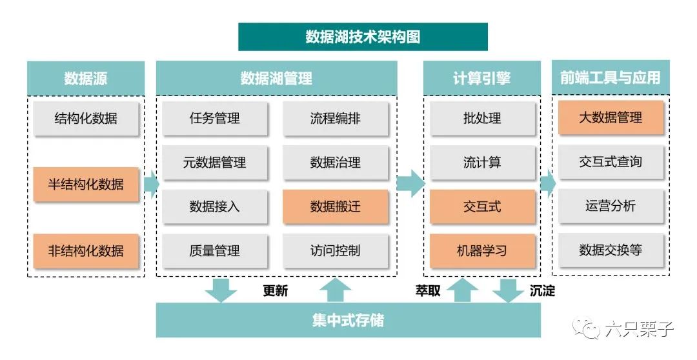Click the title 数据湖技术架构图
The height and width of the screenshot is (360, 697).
pos(363,37)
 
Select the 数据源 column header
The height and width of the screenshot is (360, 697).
pos(86,78)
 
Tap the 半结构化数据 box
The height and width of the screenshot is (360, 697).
pos(86,184)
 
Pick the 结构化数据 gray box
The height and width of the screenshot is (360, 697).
pos(86,118)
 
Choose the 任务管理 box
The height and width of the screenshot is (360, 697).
pos(214,118)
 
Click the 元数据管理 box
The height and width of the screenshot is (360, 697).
pos(214,163)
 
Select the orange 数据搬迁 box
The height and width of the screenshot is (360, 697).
pos(335,206)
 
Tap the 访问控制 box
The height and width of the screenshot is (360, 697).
pos(335,250)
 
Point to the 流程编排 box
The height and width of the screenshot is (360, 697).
pos(335,118)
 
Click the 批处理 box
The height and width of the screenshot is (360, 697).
pos(482,118)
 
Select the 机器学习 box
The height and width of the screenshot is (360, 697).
pos(482,250)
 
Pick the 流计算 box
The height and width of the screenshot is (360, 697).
pos(482,163)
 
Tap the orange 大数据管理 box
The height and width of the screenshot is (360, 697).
pos(611,117)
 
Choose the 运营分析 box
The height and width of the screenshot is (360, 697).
pos(611,206)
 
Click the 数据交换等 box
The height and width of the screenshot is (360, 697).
pos(611,250)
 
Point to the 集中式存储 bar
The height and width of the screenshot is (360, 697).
pos(348,320)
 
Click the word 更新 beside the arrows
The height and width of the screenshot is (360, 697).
pos(276,290)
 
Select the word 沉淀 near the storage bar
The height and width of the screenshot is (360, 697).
pos(542,290)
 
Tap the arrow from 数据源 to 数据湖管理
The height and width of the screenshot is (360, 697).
pos(151,185)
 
